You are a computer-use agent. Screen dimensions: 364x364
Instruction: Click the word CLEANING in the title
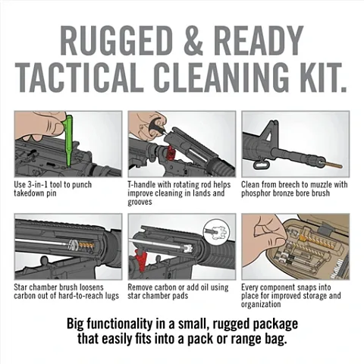218,76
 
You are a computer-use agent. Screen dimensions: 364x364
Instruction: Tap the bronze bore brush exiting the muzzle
332,165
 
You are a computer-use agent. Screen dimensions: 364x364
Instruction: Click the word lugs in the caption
111,296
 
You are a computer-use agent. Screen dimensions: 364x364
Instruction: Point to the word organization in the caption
261,304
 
